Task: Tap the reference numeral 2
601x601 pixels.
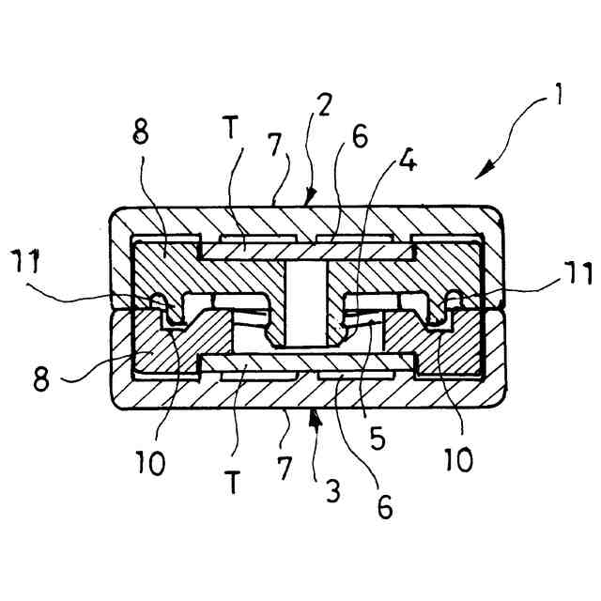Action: click(x=322, y=103)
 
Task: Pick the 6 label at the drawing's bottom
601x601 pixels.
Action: click(x=385, y=509)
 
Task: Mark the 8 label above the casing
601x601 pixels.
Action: click(x=139, y=132)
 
